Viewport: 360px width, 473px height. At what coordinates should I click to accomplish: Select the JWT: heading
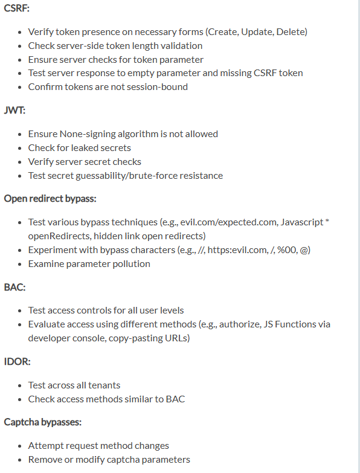(x=14, y=111)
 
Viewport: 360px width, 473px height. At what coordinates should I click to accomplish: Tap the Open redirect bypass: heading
(x=50, y=199)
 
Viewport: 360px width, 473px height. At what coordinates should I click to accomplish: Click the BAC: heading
(x=14, y=287)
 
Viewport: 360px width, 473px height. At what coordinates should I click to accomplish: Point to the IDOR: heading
(x=17, y=362)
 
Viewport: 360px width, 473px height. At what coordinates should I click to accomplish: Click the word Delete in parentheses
(x=292, y=31)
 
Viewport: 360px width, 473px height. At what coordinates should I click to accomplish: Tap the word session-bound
(x=159, y=87)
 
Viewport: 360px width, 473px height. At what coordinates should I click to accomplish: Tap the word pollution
(x=129, y=263)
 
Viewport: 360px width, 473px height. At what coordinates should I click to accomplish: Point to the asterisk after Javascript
(x=327, y=222)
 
